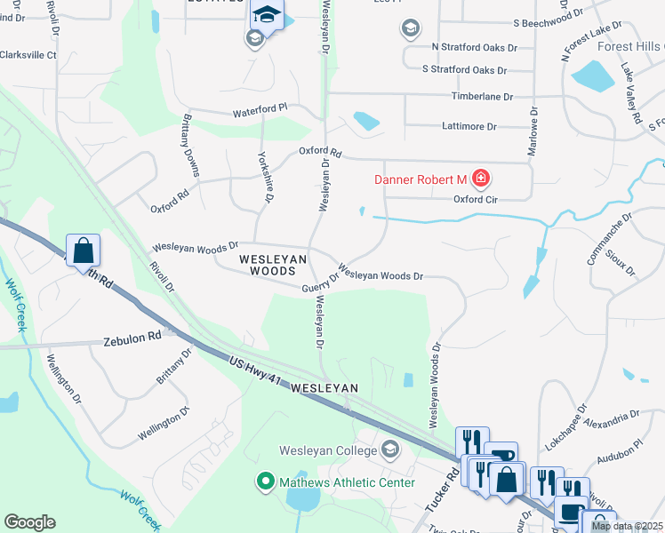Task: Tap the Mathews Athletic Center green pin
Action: [264, 482]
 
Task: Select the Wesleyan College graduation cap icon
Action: [389, 450]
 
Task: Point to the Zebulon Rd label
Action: [132, 338]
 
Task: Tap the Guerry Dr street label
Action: [320, 281]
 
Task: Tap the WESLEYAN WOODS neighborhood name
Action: [273, 264]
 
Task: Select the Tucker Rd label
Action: [441, 490]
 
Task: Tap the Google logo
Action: [29, 522]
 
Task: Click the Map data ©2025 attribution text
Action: [628, 526]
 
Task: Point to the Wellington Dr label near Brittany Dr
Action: [164, 424]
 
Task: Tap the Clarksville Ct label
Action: [28, 55]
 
